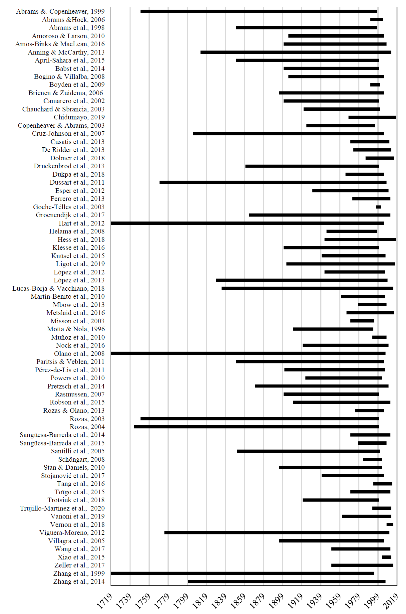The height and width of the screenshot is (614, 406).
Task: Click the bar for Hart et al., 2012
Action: click(x=247, y=223)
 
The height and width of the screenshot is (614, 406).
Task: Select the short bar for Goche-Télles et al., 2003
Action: click(x=378, y=207)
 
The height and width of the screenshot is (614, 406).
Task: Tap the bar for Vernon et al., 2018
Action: click(x=390, y=525)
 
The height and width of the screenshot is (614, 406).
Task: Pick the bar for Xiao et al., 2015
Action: click(x=386, y=557)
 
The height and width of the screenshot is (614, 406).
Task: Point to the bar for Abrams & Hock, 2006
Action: click(x=376, y=20)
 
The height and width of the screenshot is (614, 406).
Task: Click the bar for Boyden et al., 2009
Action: click(x=375, y=85)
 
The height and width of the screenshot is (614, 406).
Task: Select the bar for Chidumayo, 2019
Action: click(x=372, y=117)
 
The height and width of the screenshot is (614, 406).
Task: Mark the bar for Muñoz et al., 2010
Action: click(x=379, y=337)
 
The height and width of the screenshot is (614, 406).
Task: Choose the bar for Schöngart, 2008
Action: click(x=372, y=459)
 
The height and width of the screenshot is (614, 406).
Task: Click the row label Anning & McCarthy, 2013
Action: click(x=66, y=52)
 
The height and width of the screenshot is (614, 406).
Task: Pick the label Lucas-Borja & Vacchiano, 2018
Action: click(x=58, y=288)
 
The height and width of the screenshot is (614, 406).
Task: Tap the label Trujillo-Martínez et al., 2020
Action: click(x=62, y=508)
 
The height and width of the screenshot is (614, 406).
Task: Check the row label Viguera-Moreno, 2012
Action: click(x=72, y=533)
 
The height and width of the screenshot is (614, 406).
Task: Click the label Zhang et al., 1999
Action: click(x=79, y=573)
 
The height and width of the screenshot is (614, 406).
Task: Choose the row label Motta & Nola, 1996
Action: click(x=76, y=329)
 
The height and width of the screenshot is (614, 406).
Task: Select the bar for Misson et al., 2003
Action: click(x=362, y=321)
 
